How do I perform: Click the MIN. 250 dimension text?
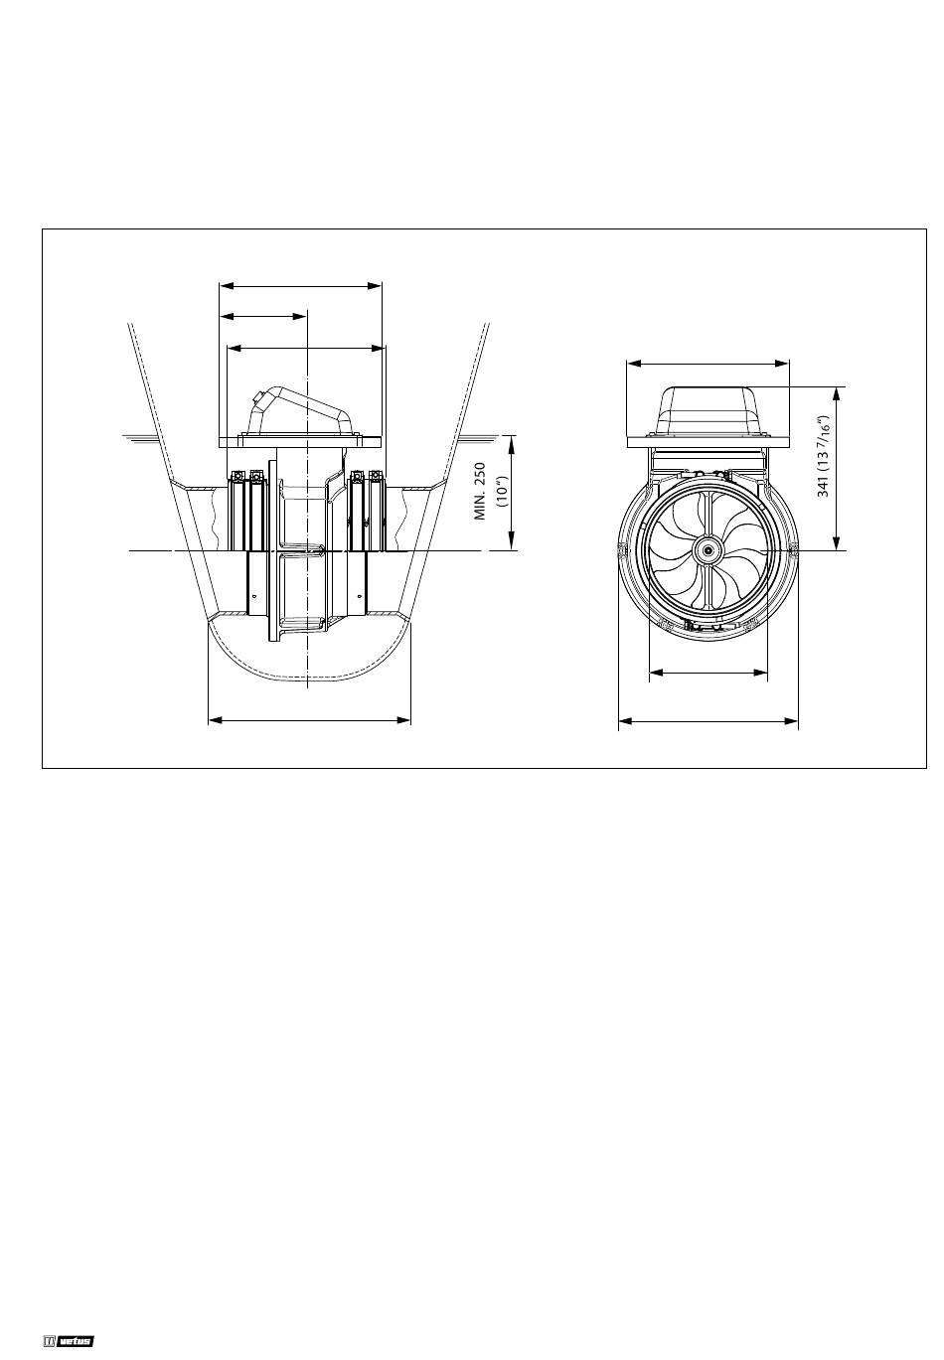click(480, 491)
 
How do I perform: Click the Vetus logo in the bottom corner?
click(69, 1337)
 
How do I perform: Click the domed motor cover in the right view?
click(708, 411)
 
